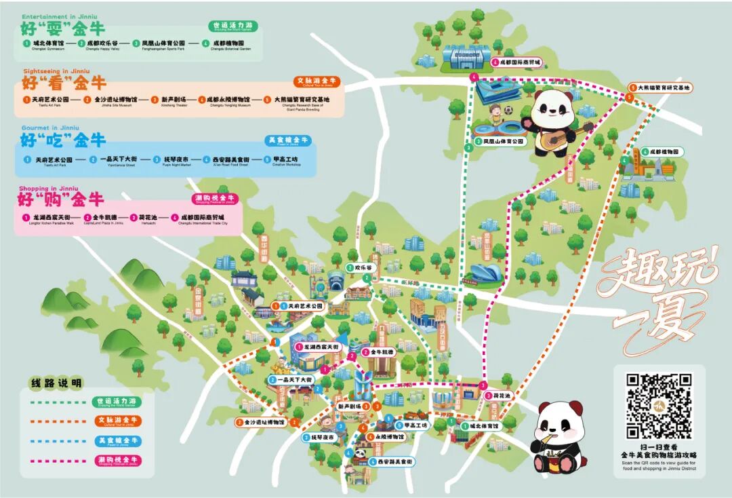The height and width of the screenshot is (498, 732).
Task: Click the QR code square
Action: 658,404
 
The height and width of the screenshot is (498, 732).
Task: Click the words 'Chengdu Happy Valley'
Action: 102,49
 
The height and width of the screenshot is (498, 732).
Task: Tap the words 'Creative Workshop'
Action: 285,165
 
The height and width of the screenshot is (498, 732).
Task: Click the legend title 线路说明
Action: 56,383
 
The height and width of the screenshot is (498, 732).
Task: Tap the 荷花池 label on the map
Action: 502,396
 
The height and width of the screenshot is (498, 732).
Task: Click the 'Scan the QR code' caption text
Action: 659,463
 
